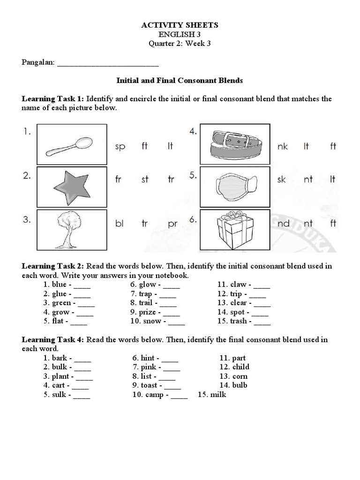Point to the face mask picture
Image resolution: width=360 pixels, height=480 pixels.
coord(235,186)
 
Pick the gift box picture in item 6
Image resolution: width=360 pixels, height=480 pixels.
coord(235,229)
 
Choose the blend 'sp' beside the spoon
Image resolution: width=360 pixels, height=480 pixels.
coord(120,147)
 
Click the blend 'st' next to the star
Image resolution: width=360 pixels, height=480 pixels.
coord(145,179)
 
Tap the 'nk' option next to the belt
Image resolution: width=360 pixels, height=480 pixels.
coord(282,147)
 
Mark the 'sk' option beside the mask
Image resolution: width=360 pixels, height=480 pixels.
coord(281,180)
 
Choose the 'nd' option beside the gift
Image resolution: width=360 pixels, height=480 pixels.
coord(284,224)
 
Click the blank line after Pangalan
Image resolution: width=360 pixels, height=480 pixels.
coord(107,62)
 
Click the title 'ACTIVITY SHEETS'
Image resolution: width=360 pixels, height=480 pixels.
coord(180,25)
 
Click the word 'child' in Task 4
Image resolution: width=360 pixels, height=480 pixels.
coord(240,367)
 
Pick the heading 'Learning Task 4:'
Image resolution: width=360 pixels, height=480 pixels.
coord(53,339)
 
